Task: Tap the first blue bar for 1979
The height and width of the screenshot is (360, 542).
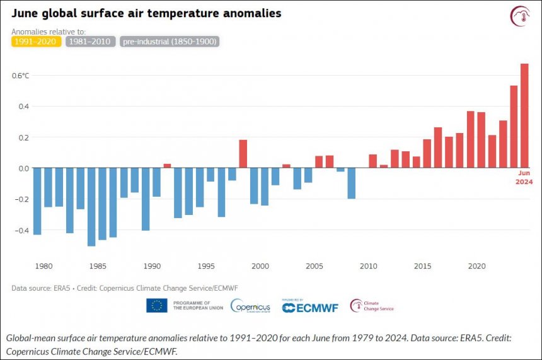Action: click(37, 201)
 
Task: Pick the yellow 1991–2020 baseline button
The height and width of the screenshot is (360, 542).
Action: click(36, 42)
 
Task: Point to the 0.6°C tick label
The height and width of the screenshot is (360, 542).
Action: click(21, 76)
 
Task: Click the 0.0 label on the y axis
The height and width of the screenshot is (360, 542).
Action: click(23, 168)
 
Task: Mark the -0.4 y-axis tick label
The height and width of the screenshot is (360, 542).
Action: click(23, 230)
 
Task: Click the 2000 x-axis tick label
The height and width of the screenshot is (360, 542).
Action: click(260, 265)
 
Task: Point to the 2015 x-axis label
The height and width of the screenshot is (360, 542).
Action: click(423, 265)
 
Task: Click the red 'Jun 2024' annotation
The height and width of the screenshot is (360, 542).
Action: click(524, 178)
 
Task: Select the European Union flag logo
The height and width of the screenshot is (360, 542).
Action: click(157, 306)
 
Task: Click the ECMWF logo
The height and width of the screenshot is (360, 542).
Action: click(310, 306)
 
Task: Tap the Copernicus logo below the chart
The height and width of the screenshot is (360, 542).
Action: click(251, 306)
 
